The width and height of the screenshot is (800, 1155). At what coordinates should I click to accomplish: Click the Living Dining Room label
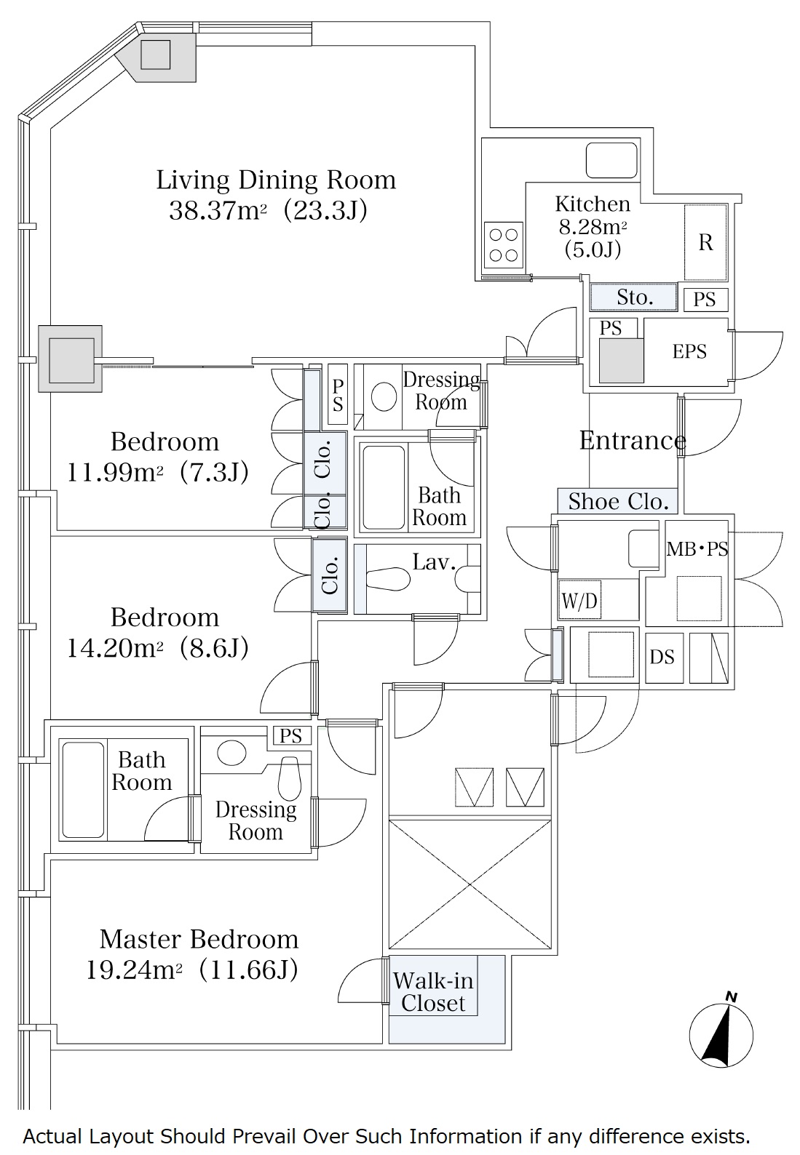coord(276,180)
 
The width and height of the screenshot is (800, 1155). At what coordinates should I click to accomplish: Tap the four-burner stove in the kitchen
coord(503,245)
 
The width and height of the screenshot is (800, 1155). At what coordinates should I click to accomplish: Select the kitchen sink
coord(611,160)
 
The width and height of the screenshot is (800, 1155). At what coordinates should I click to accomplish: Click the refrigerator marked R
coord(705,242)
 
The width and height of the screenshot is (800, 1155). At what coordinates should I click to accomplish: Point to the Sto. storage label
coord(635,297)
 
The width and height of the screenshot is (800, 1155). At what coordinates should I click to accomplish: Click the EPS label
coord(689,351)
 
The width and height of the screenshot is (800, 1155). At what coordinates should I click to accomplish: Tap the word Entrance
coord(633,440)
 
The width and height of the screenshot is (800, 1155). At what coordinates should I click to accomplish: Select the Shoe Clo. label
coord(618,501)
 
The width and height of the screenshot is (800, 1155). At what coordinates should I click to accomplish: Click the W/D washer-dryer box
coord(579,600)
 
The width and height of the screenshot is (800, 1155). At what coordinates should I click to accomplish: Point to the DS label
coord(662,657)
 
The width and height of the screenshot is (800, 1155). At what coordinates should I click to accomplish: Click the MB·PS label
coord(697,549)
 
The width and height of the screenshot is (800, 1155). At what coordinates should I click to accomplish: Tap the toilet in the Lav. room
coord(388,579)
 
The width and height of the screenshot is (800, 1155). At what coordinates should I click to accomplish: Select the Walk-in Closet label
coord(433,992)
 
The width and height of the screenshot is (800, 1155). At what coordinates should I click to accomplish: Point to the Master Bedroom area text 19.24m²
coord(134,971)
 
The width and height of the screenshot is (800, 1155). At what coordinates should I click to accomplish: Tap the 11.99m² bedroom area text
coord(115,473)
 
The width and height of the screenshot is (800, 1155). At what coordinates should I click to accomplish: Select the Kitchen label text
coord(593,204)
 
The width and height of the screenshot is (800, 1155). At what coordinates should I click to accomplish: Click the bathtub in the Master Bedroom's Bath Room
coord(82,789)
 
